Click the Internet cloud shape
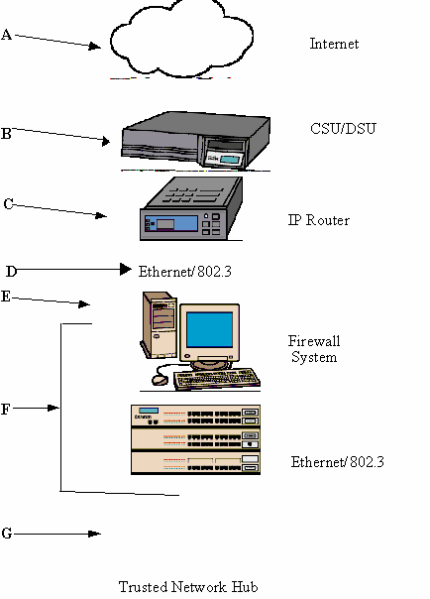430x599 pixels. pyautogui.click(x=181, y=39)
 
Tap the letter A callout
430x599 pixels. pyautogui.click(x=7, y=35)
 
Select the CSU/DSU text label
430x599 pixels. pyautogui.click(x=343, y=128)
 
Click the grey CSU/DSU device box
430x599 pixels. pyautogui.click(x=196, y=141)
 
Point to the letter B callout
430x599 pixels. pyautogui.click(x=6, y=134)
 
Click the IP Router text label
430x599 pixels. pyautogui.click(x=319, y=220)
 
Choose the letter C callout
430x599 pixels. pyautogui.click(x=8, y=203)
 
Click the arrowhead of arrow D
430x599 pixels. pyautogui.click(x=126, y=270)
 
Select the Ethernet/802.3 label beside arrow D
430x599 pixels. pyautogui.click(x=184, y=271)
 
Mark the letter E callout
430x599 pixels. pyautogui.click(x=5, y=297)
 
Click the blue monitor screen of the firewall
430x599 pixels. pyautogui.click(x=210, y=329)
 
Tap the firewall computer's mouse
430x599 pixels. pyautogui.click(x=160, y=380)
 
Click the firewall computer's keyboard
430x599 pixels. pyautogui.click(x=217, y=379)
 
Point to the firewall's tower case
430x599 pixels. pyautogui.click(x=160, y=325)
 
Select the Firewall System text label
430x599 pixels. pyautogui.click(x=314, y=349)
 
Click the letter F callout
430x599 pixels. pyautogui.click(x=5, y=410)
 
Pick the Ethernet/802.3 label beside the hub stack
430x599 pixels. pyautogui.click(x=337, y=462)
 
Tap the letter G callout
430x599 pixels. pyautogui.click(x=7, y=533)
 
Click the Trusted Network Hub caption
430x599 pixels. pyautogui.click(x=188, y=586)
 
